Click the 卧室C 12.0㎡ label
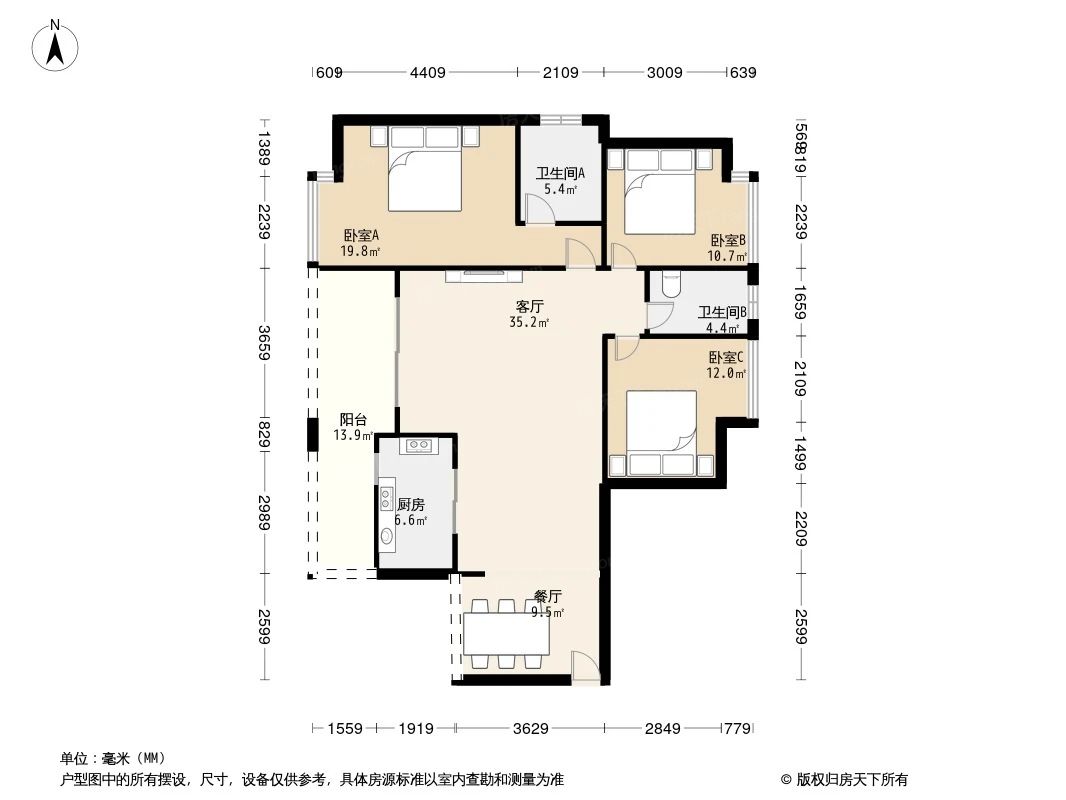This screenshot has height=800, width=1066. [x=727, y=365]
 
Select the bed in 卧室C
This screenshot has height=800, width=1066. [x=660, y=432]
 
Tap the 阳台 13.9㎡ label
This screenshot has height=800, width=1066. [x=353, y=427]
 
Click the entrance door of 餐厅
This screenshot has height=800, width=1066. [x=586, y=668]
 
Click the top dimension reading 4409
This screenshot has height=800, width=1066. [x=427, y=72]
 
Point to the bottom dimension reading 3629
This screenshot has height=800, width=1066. [x=531, y=729]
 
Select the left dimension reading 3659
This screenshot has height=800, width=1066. [x=264, y=343]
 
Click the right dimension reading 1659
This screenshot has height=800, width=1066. [x=800, y=303]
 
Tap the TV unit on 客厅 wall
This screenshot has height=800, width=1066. [x=484, y=273]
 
